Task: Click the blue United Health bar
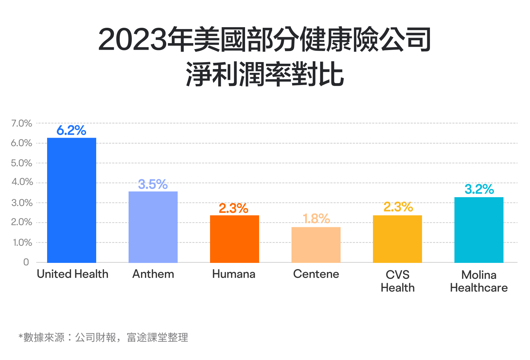[x=72, y=200]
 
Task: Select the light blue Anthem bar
[x=153, y=227]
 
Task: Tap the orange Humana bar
[x=235, y=239]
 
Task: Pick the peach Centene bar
[x=316, y=245]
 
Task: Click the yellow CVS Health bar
[x=397, y=239]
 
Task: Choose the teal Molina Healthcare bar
[x=479, y=230]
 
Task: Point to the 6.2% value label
[x=71, y=130]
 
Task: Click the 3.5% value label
[x=153, y=184]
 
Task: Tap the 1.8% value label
[x=316, y=219]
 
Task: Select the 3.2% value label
[x=479, y=189]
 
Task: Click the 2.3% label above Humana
[x=234, y=208]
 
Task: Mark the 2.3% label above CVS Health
[x=398, y=207]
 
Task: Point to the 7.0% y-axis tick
[x=22, y=123]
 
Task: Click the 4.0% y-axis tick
[x=22, y=182]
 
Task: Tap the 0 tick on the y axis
[x=26, y=262]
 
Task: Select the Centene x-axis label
[x=316, y=274]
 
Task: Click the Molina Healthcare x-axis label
[x=479, y=281]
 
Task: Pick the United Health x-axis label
[x=73, y=274]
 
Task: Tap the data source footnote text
[x=103, y=337]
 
